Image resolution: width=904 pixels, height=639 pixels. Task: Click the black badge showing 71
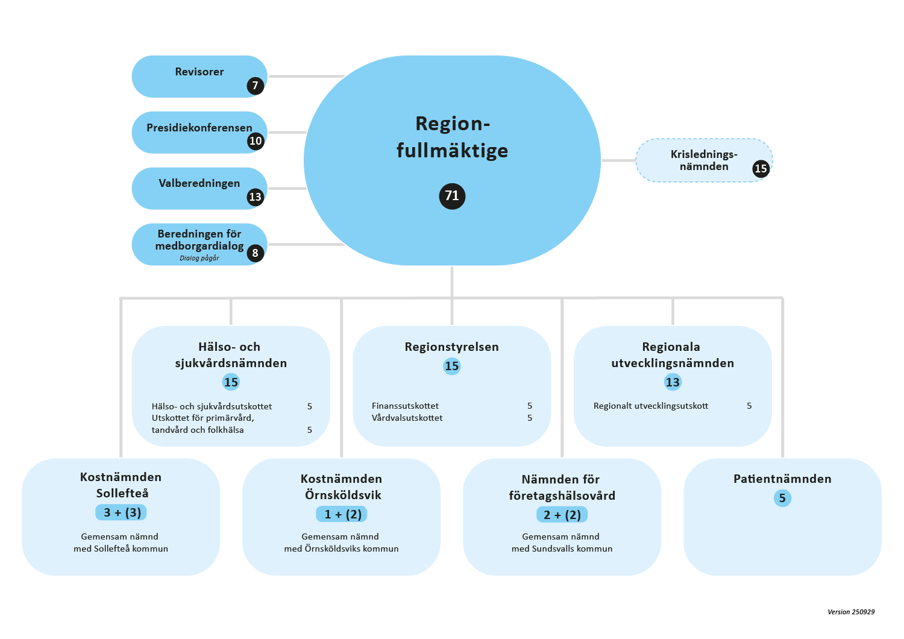452,196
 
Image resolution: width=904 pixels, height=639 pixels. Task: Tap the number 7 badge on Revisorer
256,86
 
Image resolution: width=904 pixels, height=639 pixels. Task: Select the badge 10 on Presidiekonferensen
256,141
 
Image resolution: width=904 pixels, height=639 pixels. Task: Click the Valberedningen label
199,183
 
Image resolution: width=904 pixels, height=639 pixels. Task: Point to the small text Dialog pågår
199,258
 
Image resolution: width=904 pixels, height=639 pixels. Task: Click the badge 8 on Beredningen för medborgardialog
256,253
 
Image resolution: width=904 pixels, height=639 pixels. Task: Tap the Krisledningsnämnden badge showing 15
761,169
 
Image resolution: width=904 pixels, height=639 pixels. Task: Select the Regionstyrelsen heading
451,347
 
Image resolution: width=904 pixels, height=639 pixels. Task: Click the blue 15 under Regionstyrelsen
451,366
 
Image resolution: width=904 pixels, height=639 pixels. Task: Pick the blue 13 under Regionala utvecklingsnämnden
673,382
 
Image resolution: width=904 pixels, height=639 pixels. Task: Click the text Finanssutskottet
405,406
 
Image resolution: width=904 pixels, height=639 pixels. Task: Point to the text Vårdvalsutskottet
407,418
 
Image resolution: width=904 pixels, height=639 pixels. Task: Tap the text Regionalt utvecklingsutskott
650,406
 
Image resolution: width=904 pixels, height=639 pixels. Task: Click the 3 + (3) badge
122,512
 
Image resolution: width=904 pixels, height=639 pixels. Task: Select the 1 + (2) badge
342,514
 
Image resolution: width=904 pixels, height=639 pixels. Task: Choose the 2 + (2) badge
562,515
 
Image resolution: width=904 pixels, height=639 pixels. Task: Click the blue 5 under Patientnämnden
782,498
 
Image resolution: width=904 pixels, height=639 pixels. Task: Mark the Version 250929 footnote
851,612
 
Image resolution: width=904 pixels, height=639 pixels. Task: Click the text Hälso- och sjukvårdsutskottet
212,406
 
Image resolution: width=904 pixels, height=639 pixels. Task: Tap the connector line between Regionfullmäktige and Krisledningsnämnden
618,160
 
